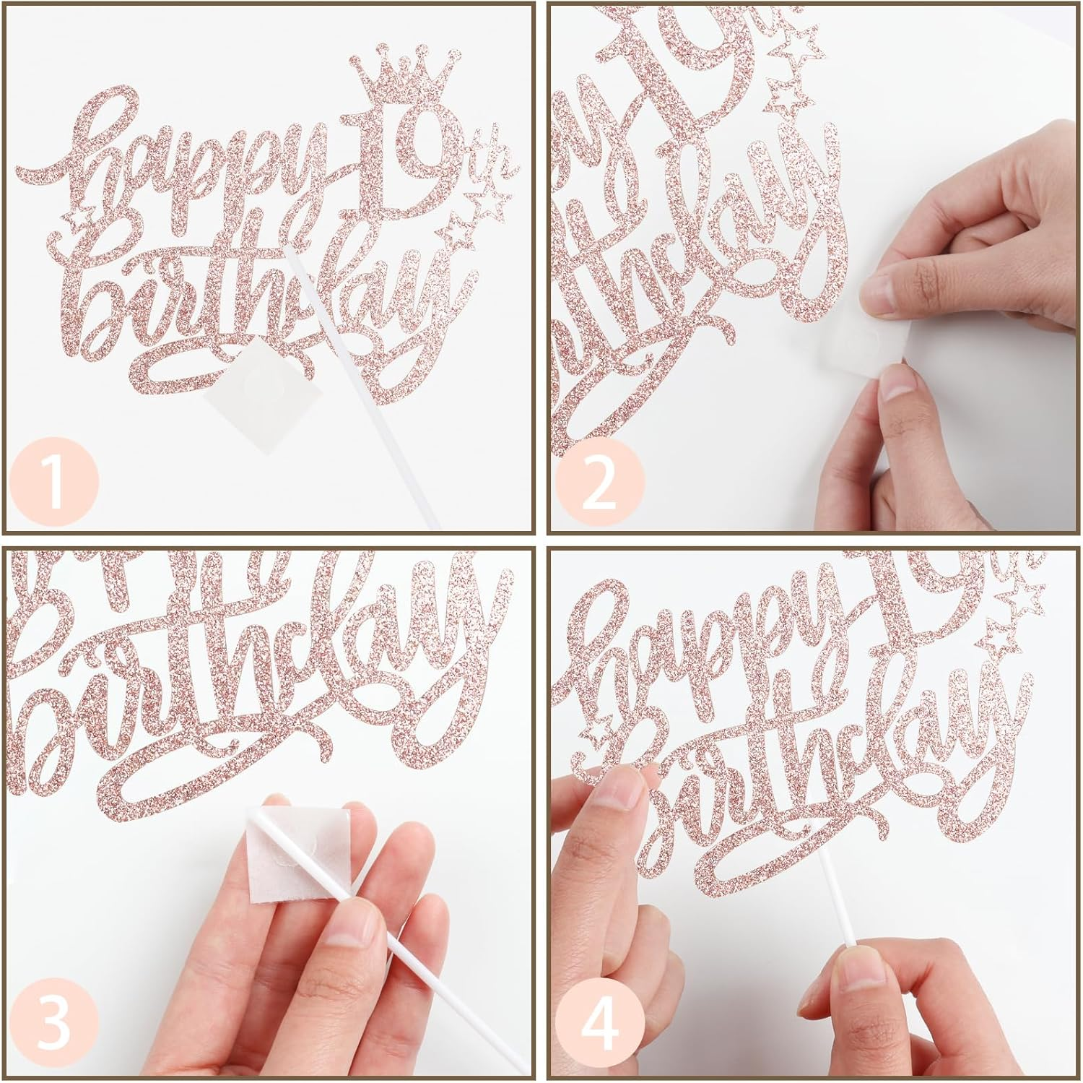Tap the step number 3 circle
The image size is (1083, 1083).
54,1024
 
